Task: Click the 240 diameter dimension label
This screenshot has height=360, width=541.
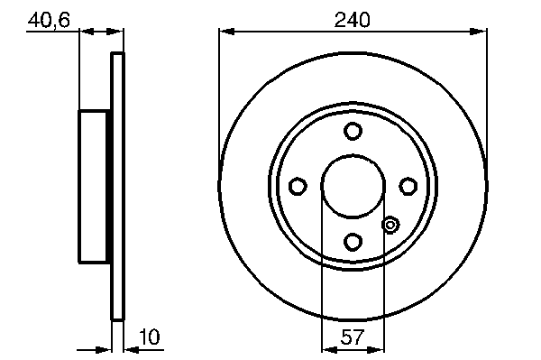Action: pyautogui.click(x=352, y=20)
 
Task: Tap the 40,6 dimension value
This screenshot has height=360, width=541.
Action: pyautogui.click(x=49, y=21)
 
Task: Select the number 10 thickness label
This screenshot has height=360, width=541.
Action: pyautogui.click(x=150, y=337)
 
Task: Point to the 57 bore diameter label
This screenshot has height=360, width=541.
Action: pyautogui.click(x=353, y=337)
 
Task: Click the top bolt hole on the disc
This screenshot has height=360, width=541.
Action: pyautogui.click(x=353, y=131)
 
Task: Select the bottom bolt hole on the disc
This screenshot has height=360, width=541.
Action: pyautogui.click(x=353, y=241)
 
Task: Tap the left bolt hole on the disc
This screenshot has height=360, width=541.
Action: pyautogui.click(x=298, y=186)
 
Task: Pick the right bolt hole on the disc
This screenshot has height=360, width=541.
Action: pyautogui.click(x=408, y=186)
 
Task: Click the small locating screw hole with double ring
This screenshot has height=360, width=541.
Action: pyautogui.click(x=390, y=225)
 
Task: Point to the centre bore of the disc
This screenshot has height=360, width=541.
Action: pyautogui.click(x=353, y=187)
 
